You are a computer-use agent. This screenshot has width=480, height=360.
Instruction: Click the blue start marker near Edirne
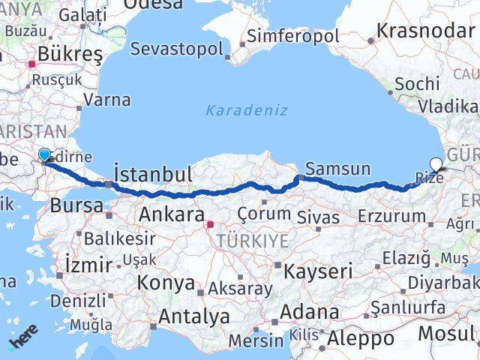tap(44, 154)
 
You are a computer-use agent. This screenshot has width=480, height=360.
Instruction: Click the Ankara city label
tap(172, 215)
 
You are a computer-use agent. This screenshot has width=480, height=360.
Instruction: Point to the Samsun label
tap(337, 169)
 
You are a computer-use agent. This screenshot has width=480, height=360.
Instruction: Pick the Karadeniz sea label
tap(247, 110)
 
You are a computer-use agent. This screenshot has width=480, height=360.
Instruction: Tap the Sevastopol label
tap(176, 49)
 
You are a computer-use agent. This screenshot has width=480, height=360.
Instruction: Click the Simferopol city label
tap(293, 35)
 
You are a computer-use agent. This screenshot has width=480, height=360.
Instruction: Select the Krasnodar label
tap(427, 31)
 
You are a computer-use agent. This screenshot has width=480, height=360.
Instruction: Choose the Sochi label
tap(416, 83)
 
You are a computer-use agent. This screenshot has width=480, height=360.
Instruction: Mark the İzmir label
tap(88, 264)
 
